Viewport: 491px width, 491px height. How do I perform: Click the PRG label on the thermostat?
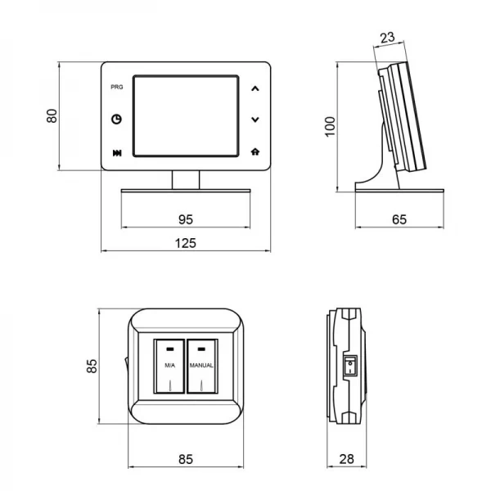point(117,87)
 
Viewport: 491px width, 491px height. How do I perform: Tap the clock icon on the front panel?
point(117,119)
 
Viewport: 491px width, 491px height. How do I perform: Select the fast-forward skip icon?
point(117,153)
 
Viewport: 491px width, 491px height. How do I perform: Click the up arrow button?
point(255,88)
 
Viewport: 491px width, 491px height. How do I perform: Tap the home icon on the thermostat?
point(255,152)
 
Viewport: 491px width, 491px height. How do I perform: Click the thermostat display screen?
point(186,116)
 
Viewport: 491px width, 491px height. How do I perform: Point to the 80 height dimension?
point(52,116)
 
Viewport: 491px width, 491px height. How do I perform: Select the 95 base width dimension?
point(186,219)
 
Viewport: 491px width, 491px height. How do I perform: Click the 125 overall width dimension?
point(186,243)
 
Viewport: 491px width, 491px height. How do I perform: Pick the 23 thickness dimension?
point(388,38)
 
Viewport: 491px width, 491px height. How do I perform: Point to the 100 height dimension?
point(330,127)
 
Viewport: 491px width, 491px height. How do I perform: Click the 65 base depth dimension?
point(399,219)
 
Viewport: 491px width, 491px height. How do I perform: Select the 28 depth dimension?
point(347,459)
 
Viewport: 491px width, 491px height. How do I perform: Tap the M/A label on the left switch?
point(170,365)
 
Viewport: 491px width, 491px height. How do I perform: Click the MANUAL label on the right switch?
point(201,365)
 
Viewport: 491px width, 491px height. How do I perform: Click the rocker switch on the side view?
point(350,365)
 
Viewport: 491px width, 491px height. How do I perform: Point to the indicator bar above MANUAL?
point(201,349)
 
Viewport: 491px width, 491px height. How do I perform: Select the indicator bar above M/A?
point(170,349)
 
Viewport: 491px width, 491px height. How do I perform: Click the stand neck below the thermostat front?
point(186,180)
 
